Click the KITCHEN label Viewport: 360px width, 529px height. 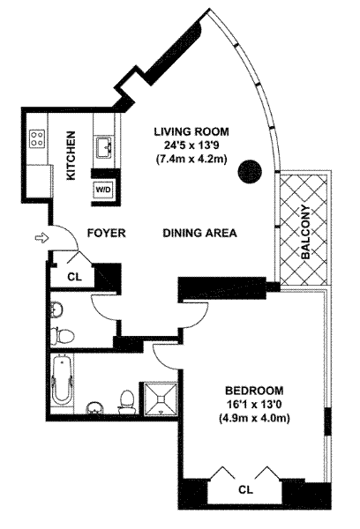pos(71,155)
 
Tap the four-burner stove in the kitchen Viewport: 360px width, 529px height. pos(37,138)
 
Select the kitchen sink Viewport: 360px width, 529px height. pos(105,147)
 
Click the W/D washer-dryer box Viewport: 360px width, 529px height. pos(103,190)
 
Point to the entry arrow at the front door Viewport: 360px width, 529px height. pos(41,238)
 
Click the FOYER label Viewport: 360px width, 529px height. pos(107,233)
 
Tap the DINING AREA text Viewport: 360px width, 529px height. pos(200,233)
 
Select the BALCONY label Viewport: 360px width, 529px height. pos(305,232)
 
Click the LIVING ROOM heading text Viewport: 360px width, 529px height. pos(191,131)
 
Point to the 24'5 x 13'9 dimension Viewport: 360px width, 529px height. pos(191,145)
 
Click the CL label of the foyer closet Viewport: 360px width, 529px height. pos(75,277)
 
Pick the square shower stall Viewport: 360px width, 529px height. pos(161,399)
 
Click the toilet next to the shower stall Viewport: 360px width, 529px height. pos(127,402)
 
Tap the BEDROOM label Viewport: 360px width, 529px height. pos(254,391)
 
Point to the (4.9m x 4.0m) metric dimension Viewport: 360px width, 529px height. pos(254,418)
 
